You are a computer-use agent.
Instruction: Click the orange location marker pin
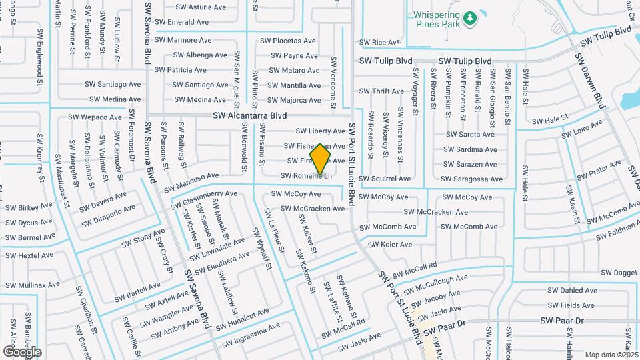tap(321, 160)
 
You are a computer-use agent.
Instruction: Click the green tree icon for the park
tap(471, 18)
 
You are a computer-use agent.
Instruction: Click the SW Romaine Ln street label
tap(307, 176)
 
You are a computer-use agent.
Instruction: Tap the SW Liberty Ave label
tap(320, 131)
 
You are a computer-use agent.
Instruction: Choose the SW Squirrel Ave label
tap(385, 179)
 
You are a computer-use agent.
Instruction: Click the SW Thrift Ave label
tap(381, 91)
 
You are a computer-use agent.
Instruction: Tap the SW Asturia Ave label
tap(200, 7)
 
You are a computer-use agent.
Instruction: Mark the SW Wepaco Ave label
tap(96, 117)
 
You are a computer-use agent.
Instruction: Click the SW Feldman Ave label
tap(617, 232)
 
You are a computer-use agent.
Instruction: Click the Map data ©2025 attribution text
tap(611, 355)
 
